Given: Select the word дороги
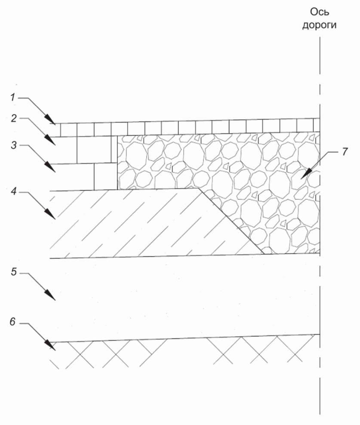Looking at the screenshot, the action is click(319, 25).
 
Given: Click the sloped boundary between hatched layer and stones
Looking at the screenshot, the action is click(231, 220).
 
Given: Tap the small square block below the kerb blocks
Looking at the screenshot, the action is click(105, 176).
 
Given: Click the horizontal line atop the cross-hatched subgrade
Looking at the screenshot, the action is click(185, 338).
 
